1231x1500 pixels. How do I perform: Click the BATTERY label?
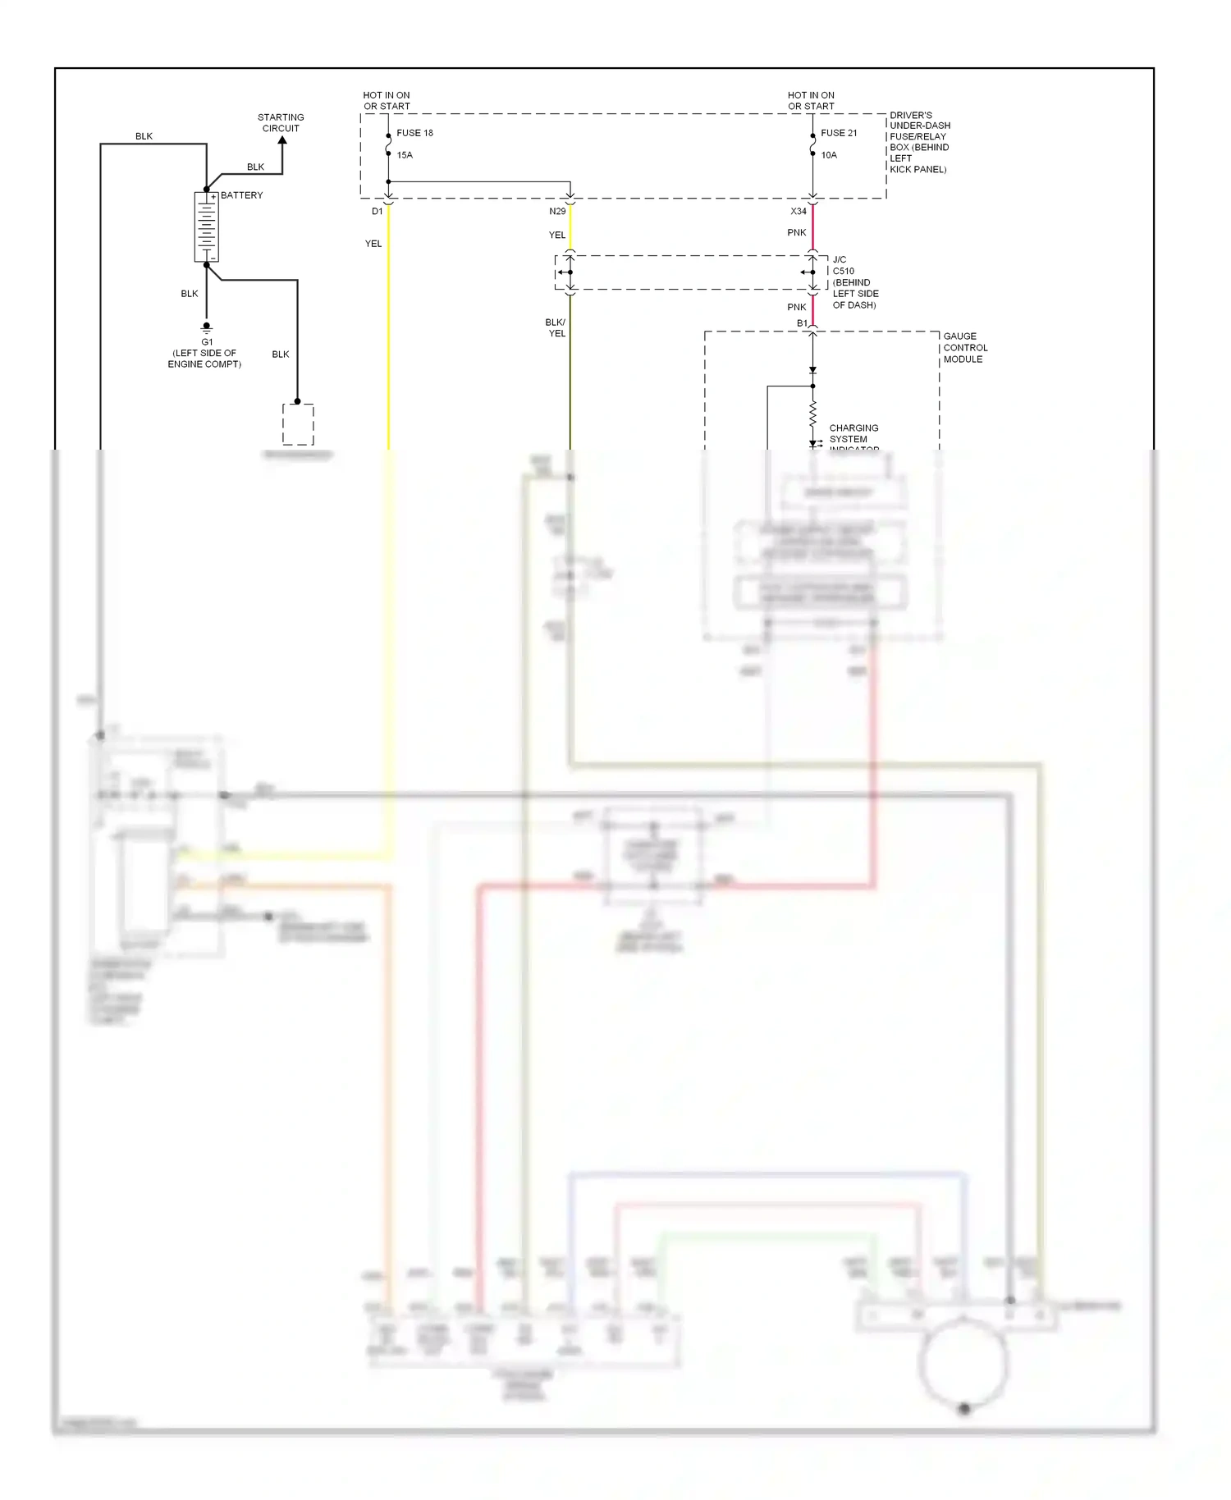coord(241,195)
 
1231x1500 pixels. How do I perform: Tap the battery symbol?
coord(206,227)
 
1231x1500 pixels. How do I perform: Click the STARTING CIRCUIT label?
coord(281,123)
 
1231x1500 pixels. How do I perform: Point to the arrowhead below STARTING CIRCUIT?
coord(282,141)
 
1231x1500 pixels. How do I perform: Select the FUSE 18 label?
coord(414,133)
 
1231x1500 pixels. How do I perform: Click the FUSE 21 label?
coord(839,133)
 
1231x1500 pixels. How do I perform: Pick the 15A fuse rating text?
coord(405,155)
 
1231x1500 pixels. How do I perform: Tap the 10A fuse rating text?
coord(829,155)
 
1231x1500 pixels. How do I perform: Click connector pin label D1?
coord(377,212)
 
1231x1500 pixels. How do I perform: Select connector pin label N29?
coord(557,212)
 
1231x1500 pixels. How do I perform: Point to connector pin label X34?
coord(799,212)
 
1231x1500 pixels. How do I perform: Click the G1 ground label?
coord(207,342)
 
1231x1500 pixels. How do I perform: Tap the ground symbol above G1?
coord(207,327)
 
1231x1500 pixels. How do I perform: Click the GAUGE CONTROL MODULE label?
coord(965,348)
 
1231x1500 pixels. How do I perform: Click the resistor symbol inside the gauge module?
coord(812,413)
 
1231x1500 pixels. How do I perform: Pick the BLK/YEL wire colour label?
coord(556,328)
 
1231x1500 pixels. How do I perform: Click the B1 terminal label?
coord(802,323)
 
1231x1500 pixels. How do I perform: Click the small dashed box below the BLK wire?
coord(298,424)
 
